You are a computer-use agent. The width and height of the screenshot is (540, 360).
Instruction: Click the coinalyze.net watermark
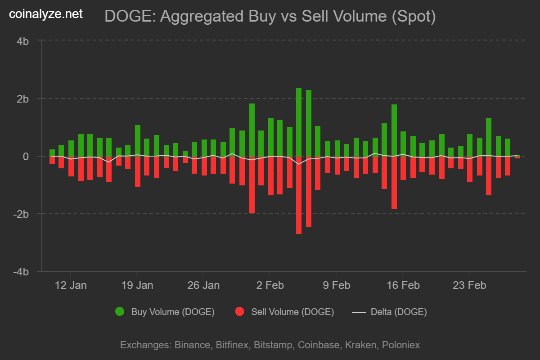[46, 14]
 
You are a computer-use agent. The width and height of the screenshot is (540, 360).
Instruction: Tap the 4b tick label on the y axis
[23, 41]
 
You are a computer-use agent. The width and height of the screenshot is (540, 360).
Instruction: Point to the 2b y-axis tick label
[23, 99]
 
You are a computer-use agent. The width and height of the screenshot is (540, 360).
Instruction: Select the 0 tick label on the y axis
[26, 156]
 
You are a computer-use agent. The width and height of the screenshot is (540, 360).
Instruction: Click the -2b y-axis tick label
[21, 214]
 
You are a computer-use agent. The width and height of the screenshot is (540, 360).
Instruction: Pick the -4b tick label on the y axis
[21, 272]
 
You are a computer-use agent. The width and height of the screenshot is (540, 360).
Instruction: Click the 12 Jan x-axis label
[71, 285]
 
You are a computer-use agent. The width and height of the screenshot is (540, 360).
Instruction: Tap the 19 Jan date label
[137, 285]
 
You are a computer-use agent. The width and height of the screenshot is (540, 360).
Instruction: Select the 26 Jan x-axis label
[203, 285]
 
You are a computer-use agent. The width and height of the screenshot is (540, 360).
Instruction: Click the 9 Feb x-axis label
[336, 285]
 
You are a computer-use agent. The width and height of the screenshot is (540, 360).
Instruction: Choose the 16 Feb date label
[402, 285]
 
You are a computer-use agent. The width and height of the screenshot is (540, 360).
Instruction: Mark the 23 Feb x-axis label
[469, 285]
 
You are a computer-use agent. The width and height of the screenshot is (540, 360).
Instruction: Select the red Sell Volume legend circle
[240, 311]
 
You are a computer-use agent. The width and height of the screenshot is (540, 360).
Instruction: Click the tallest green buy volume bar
[299, 121]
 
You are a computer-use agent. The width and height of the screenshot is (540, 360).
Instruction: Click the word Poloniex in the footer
[400, 345]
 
